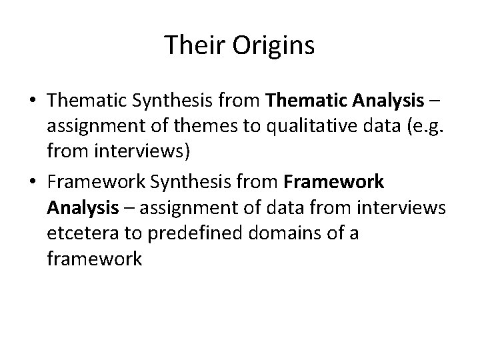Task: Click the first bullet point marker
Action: click(x=33, y=102)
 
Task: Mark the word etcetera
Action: click(x=82, y=234)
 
